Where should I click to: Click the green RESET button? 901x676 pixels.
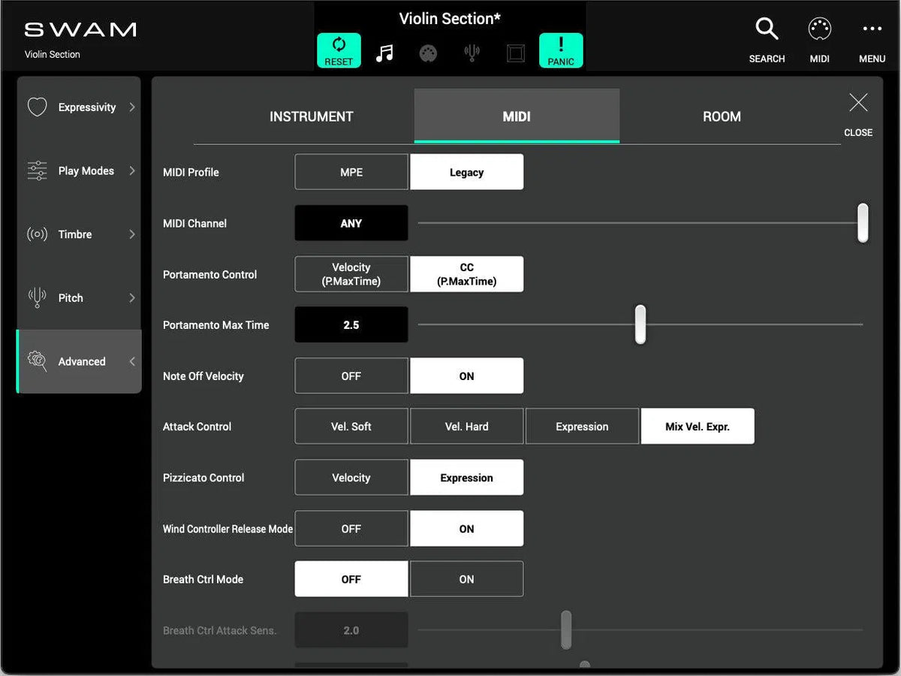tap(339, 50)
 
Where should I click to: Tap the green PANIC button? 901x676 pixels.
tap(561, 50)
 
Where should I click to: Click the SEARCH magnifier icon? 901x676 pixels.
tap(767, 31)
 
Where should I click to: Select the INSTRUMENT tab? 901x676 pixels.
tap(311, 116)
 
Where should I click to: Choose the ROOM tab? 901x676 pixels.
tap(722, 116)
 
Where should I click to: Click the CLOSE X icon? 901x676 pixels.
tap(858, 104)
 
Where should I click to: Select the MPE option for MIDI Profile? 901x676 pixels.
tap(351, 172)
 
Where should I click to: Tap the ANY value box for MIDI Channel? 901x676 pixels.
tap(351, 223)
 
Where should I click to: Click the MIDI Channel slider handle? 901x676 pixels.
tap(863, 223)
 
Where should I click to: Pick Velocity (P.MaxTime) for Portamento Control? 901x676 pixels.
tap(351, 274)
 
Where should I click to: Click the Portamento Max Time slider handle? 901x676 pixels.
tap(640, 324)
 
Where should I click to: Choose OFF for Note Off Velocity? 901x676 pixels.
tap(351, 376)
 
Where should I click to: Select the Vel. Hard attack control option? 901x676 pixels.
tap(466, 427)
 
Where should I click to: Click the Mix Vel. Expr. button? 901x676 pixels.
tap(698, 427)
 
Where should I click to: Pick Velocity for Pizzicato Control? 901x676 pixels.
tap(351, 478)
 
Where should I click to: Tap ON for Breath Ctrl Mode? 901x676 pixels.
tap(466, 579)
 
